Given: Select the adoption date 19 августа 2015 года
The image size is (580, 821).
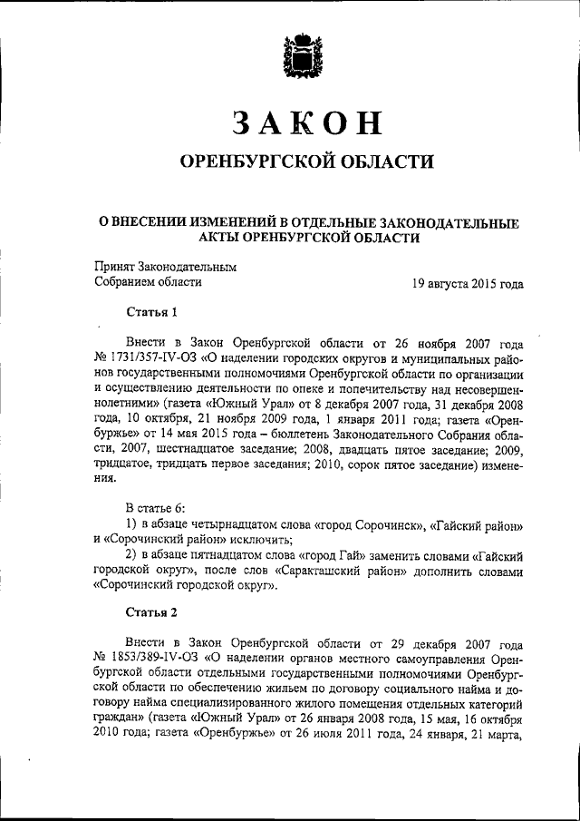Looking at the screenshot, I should point(468,283).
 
